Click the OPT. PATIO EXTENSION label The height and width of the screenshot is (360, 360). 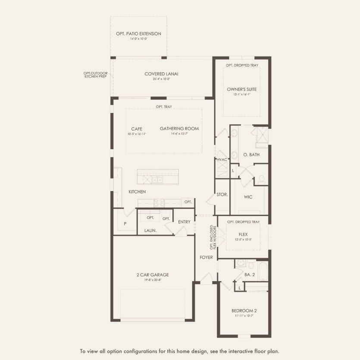(x=138, y=34)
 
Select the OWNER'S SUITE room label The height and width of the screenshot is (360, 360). (x=241, y=89)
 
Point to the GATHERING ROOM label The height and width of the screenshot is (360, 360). (x=179, y=128)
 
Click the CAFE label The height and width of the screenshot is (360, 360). (x=137, y=128)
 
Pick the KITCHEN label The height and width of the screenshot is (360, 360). (x=137, y=191)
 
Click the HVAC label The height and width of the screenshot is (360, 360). (x=222, y=160)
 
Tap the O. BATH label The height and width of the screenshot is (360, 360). (x=251, y=155)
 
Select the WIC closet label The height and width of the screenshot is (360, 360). (x=248, y=197)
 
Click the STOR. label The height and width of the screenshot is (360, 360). (x=222, y=195)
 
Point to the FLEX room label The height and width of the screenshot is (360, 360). (x=243, y=234)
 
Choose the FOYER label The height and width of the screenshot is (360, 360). (x=206, y=257)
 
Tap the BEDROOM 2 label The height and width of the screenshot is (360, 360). (x=244, y=310)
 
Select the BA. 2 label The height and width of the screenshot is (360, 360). (x=250, y=275)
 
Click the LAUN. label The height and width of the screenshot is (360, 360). (x=150, y=231)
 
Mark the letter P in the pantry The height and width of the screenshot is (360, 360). (x=125, y=223)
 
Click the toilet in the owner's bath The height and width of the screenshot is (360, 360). (x=261, y=179)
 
